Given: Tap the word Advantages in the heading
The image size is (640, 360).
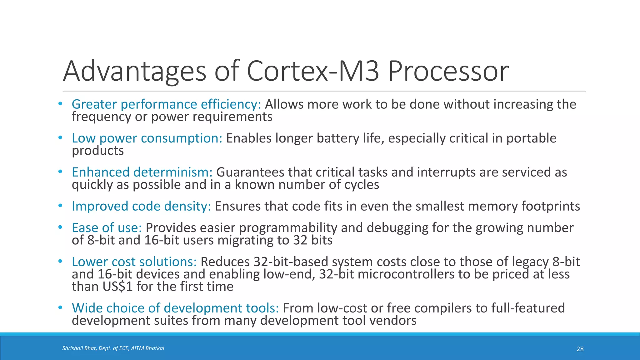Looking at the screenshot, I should click(x=135, y=71).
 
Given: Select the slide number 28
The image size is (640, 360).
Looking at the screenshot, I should click(x=580, y=349).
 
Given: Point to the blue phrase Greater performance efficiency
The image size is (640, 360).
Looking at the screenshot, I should click(x=166, y=104).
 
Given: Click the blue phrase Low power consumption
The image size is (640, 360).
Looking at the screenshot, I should click(x=147, y=138).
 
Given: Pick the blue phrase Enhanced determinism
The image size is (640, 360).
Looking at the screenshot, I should click(x=142, y=172).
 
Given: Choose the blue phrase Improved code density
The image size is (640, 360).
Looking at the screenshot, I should click(x=142, y=206).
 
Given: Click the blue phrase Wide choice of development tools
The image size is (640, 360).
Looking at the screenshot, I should click(x=175, y=308).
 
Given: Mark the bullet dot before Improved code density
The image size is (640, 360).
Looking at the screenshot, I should click(x=60, y=206).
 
